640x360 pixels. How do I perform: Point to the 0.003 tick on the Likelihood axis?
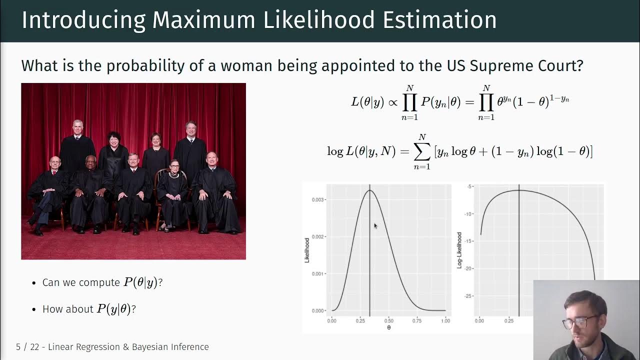318,199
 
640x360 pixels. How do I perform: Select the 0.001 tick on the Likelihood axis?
318,273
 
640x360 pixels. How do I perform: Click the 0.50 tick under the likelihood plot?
388,320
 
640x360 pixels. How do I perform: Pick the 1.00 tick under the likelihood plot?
445,320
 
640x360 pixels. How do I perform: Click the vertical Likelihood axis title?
307,250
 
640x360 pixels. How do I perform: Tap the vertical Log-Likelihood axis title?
459,250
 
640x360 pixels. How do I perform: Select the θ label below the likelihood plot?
388,327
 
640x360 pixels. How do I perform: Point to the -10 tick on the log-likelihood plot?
468,214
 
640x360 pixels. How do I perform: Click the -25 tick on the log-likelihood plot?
468,296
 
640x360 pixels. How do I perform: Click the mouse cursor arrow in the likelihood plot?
375,226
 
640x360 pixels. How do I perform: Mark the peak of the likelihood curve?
369,190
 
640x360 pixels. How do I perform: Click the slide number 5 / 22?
27,347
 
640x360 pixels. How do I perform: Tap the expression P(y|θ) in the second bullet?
114,309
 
